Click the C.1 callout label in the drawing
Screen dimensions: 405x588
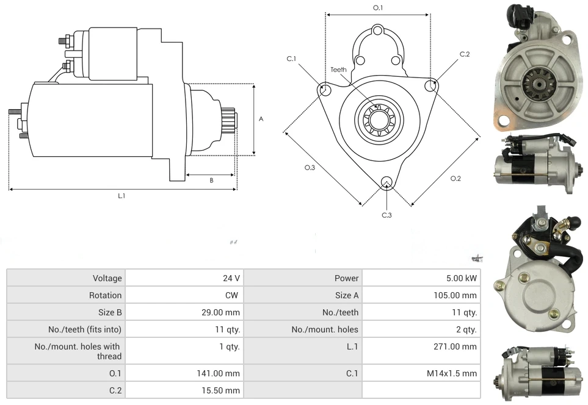[x=291, y=59]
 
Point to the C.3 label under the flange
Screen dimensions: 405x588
[x=387, y=215]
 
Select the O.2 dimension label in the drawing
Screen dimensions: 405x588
[x=456, y=178]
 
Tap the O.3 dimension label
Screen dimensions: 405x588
[x=310, y=168]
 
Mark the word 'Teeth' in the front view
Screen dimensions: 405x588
[x=338, y=70]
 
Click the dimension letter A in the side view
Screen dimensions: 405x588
[x=261, y=119]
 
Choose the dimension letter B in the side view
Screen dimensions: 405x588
[x=211, y=180]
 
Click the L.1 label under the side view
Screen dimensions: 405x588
[x=122, y=196]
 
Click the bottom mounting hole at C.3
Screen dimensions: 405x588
[x=386, y=182]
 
